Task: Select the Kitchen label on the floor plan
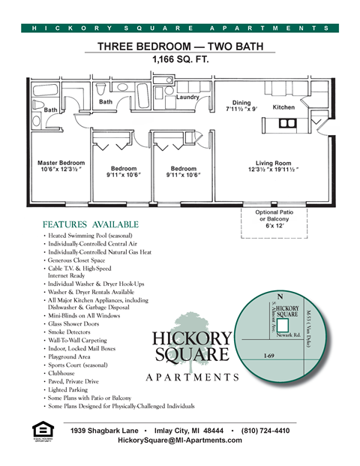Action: tap(283, 107)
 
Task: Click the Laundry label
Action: tap(187, 98)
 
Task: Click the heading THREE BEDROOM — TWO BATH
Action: tap(180, 47)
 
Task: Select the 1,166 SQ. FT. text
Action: tap(180, 59)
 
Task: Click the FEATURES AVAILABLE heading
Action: tap(90, 224)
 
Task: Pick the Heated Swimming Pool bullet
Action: tap(90, 236)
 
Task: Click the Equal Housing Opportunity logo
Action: tap(43, 432)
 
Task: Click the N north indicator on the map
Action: tap(280, 296)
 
